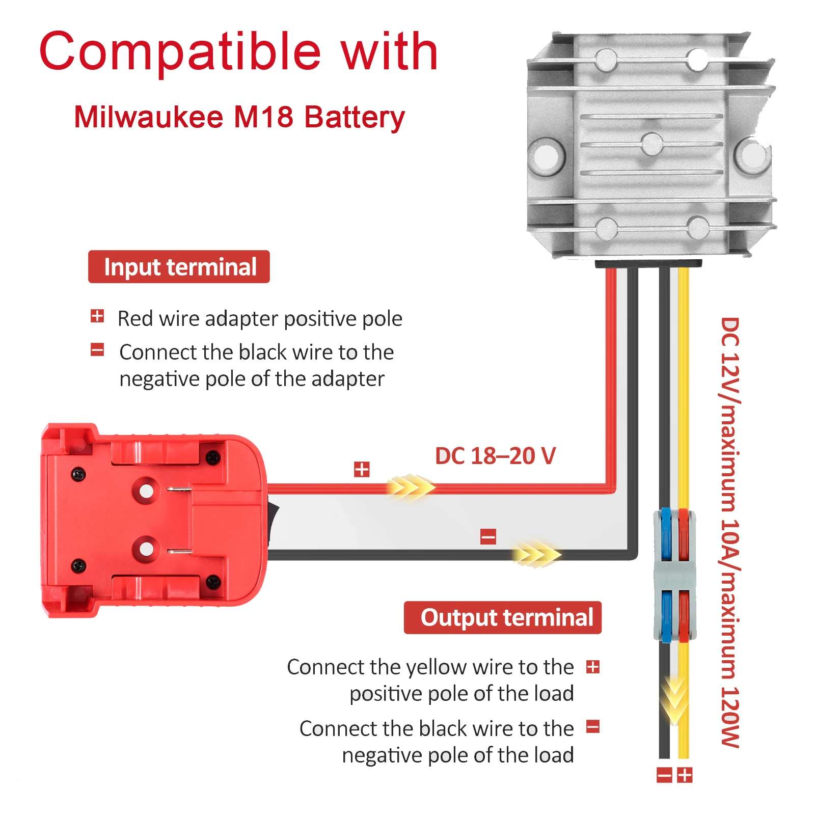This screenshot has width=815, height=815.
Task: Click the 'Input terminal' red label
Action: pos(179,267)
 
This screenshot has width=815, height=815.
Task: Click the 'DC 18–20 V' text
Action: pos(495,456)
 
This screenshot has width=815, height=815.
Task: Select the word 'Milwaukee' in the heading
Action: pos(149,117)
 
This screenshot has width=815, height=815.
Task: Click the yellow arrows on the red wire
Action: pos(410,487)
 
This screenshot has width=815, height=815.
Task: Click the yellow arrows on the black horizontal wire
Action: pos(536,554)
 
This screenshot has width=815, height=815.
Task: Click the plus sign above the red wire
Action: pos(362,469)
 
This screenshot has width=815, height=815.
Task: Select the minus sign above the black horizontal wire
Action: pos(488,536)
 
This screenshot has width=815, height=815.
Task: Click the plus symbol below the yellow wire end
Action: pos(685,775)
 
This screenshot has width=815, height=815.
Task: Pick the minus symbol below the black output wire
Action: pos(664,775)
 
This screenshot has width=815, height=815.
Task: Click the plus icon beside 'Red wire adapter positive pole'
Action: pos(97,316)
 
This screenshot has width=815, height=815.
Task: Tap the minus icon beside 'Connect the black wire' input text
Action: pos(97,350)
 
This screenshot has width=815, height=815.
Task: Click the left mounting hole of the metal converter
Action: pos(546,155)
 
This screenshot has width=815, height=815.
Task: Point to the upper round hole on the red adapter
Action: pos(146,491)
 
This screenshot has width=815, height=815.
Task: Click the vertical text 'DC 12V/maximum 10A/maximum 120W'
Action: pos(729,532)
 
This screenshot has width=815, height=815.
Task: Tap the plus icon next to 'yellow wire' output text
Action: pos(593,667)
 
